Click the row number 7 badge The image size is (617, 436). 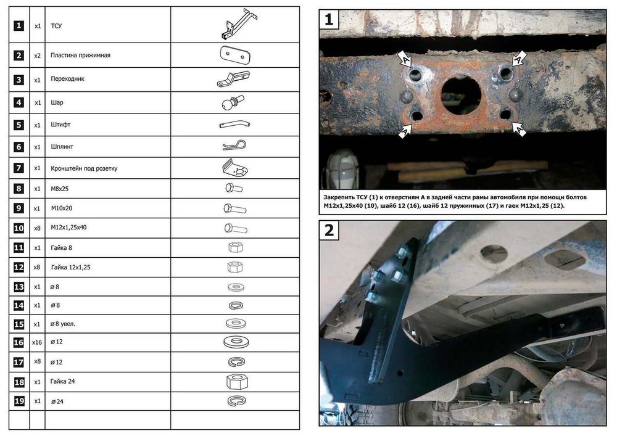pyautogui.click(x=19, y=168)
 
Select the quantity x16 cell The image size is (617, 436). pyautogui.click(x=37, y=342)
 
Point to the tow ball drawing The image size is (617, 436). pyautogui.click(x=233, y=102)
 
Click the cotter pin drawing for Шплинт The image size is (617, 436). pyautogui.click(x=234, y=146)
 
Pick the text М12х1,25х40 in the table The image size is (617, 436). pyautogui.click(x=68, y=227)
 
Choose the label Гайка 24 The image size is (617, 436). pyautogui.click(x=62, y=381)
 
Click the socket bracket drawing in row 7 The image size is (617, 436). pyautogui.click(x=235, y=168)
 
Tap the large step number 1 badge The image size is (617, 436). pyautogui.click(x=329, y=19)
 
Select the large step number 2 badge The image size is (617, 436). pyautogui.click(x=329, y=230)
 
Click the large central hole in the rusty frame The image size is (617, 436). pyautogui.click(x=461, y=95)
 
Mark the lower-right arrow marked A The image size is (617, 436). pyautogui.click(x=520, y=129)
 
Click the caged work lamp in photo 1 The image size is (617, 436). pyautogui.click(x=342, y=170)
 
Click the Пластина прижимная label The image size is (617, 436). pyautogui.click(x=80, y=56)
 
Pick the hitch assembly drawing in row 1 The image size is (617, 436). pyautogui.click(x=238, y=25)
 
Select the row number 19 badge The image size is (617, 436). pyautogui.click(x=19, y=401)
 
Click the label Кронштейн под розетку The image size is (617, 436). pyautogui.click(x=84, y=168)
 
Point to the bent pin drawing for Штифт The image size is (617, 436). pyautogui.click(x=234, y=124)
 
